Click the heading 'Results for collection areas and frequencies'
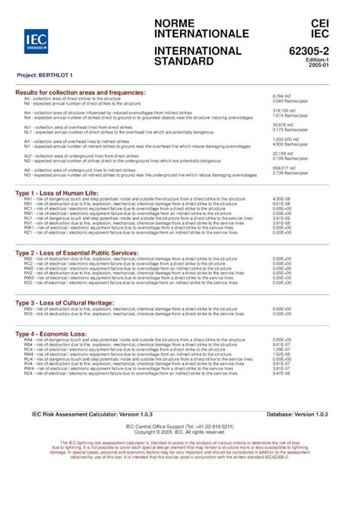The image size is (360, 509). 81,93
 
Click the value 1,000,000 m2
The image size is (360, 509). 286,140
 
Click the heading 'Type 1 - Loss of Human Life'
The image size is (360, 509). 68,194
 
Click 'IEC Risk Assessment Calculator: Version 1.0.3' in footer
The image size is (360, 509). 102,415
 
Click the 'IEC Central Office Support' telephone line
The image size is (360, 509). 179,427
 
